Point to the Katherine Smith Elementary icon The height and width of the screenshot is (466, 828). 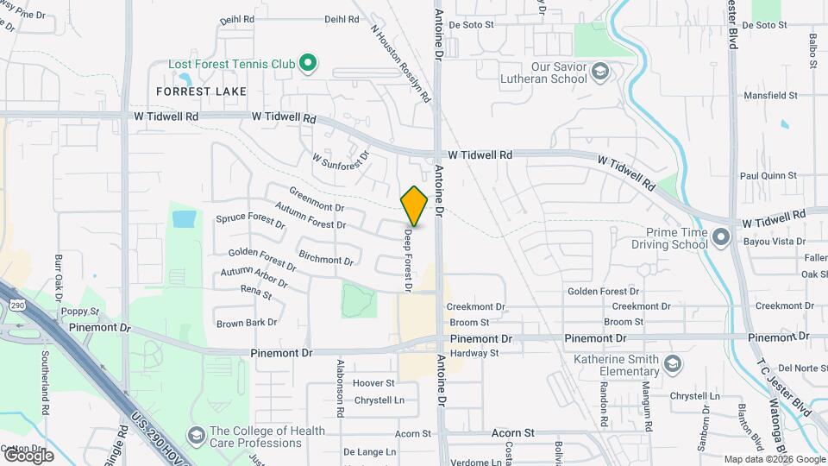[673, 366]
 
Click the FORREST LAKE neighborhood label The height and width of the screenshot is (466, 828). [201, 91]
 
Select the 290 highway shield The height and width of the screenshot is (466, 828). [18, 305]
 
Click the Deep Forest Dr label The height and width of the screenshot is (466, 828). [408, 258]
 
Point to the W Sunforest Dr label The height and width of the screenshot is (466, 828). [341, 161]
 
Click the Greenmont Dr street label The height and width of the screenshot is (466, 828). [317, 200]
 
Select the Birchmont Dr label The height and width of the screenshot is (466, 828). [325, 257]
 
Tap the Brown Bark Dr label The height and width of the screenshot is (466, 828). [247, 323]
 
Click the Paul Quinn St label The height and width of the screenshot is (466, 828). [768, 176]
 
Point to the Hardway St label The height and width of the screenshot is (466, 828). [474, 352]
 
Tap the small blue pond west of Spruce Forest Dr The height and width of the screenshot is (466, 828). [184, 218]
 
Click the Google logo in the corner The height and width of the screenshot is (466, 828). [28, 456]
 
